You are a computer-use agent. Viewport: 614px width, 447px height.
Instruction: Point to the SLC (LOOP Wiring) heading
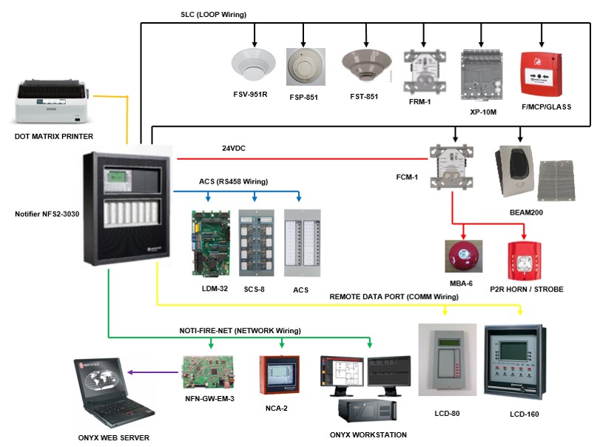click(x=213, y=14)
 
